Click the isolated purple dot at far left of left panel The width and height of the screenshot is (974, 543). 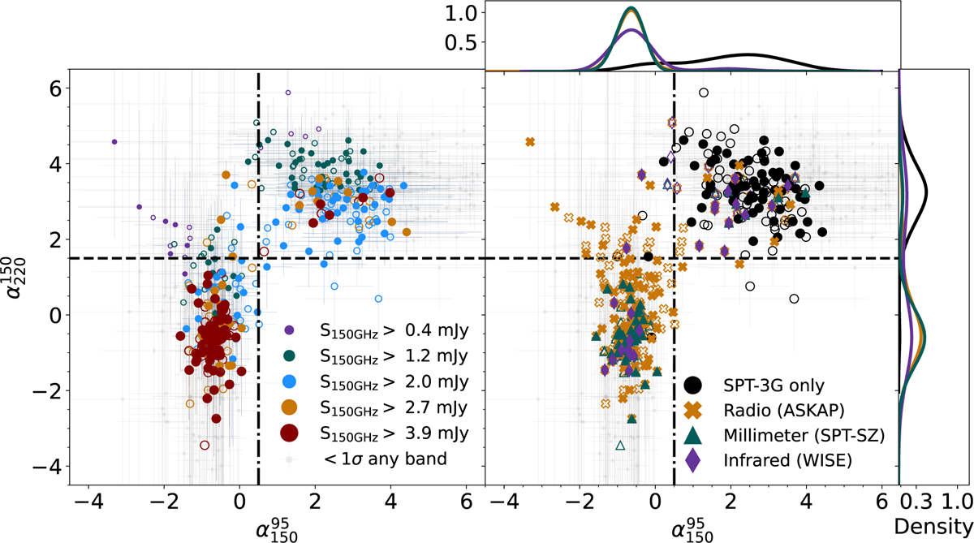tap(114, 141)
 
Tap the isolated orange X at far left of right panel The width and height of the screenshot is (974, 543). tap(530, 141)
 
